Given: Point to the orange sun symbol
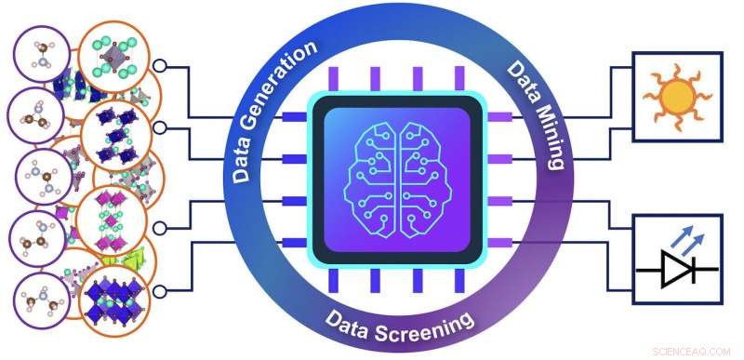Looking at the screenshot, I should (676, 95).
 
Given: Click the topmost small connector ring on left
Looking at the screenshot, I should (160, 66).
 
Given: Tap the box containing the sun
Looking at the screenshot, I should (676, 96).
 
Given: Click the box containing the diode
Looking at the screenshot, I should (676, 259).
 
